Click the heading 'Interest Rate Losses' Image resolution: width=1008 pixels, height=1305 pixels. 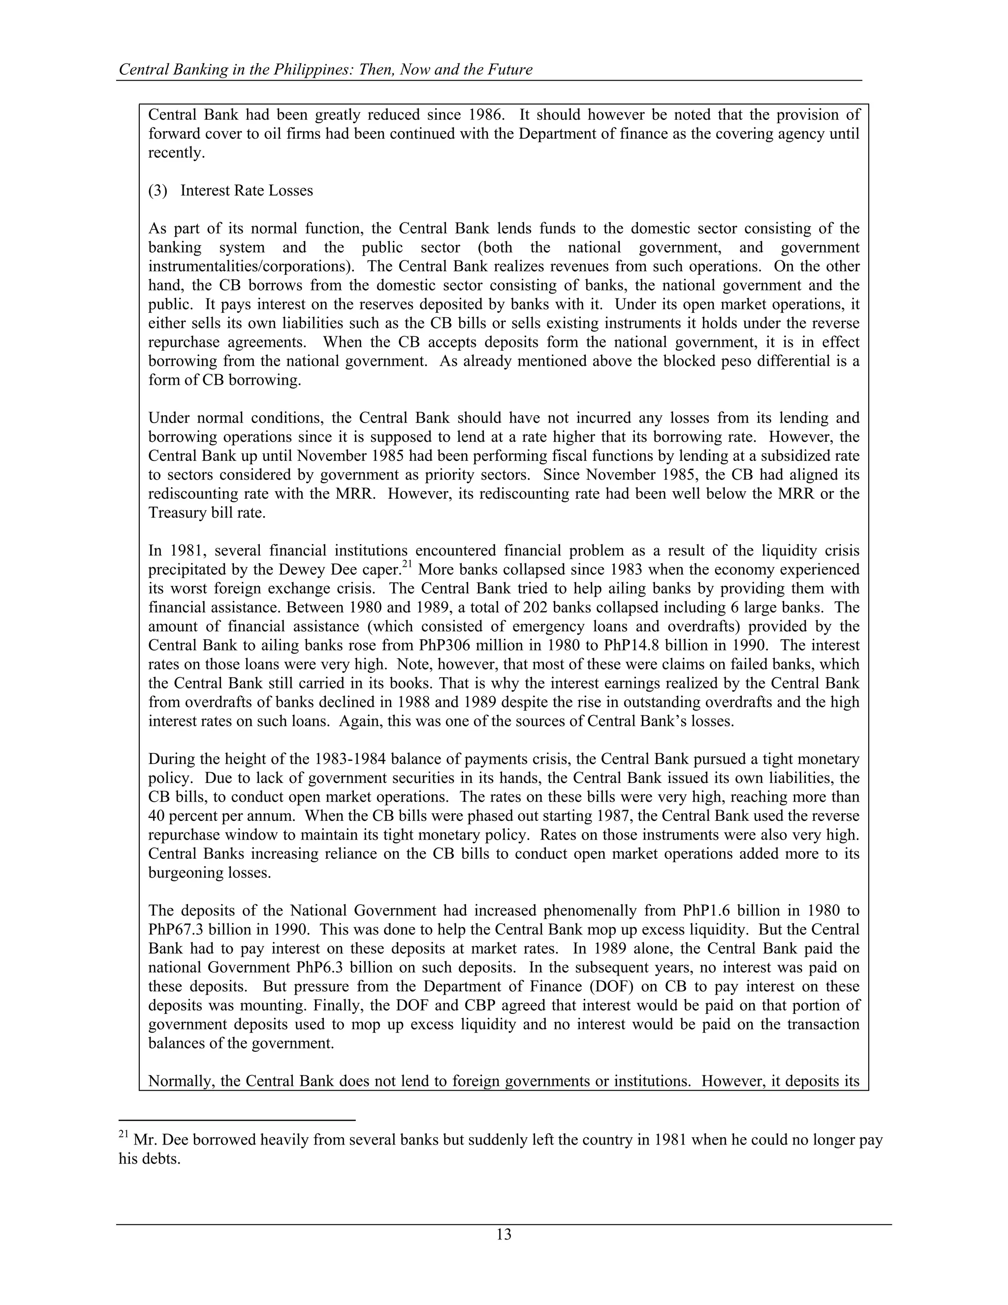tap(247, 191)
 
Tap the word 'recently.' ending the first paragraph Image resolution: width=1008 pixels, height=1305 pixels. tap(176, 153)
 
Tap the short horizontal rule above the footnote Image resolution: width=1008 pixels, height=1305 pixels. tap(237, 1120)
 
